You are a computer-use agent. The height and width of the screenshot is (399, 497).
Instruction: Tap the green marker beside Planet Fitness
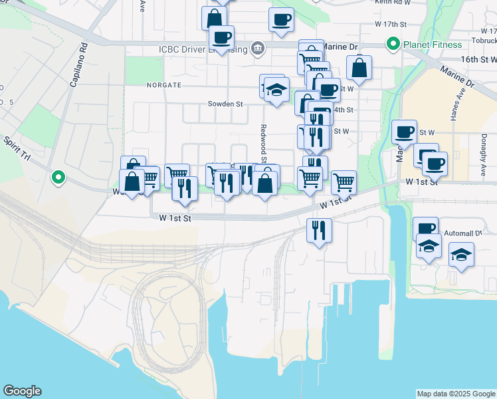coord(393,45)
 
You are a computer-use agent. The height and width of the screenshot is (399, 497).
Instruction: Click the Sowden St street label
coord(226,104)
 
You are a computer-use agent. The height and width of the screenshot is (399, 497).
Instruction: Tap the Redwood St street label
coord(264,143)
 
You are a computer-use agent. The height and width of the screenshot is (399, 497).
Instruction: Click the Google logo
coord(22,391)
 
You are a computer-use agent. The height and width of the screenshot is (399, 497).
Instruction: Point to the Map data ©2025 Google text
coord(456,394)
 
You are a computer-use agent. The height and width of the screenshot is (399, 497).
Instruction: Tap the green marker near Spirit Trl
coord(58,178)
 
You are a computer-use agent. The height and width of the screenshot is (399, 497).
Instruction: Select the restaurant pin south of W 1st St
coord(319,231)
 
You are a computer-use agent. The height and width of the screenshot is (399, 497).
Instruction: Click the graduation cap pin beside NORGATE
coord(276,90)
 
